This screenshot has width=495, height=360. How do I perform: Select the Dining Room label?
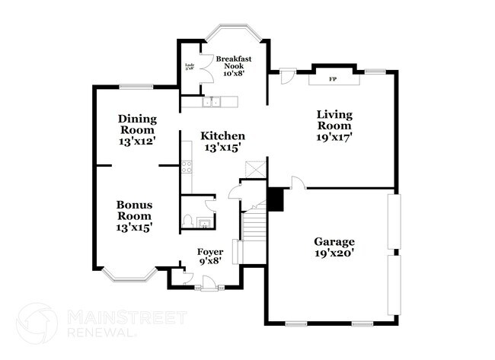click(137, 130)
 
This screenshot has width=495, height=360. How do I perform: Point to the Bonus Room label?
click(135, 215)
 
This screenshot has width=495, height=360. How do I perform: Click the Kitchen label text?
click(222, 142)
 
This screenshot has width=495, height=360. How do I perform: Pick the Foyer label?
click(210, 256)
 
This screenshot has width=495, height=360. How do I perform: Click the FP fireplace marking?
click(332, 79)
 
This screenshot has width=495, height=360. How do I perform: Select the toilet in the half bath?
click(187, 221)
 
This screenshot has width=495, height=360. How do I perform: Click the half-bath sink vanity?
click(204, 222)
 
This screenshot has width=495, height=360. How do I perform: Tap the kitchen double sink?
click(209, 101)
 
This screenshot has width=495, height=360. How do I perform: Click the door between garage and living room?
click(299, 183)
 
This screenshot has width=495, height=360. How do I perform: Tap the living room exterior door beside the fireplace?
click(287, 76)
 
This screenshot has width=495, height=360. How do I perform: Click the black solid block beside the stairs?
click(276, 199)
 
